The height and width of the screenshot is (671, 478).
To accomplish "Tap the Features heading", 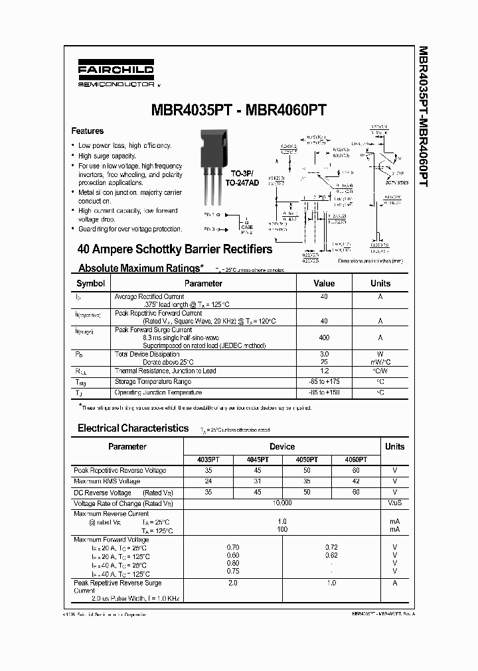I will click(x=88, y=131).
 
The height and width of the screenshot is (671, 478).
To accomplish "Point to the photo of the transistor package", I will click(x=215, y=165).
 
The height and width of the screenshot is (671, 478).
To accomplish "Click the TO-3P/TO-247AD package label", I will click(x=240, y=178).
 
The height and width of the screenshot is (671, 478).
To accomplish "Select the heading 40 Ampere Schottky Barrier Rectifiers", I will click(x=175, y=250).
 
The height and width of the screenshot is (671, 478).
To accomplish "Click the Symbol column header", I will click(x=91, y=283).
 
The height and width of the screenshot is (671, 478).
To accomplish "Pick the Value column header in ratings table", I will click(x=323, y=283).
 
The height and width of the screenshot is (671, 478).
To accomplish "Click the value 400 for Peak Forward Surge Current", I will click(x=323, y=337).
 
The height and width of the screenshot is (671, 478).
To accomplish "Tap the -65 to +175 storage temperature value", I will click(x=323, y=382).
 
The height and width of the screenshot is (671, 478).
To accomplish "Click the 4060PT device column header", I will click(x=356, y=459).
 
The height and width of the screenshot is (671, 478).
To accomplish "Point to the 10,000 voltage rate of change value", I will click(x=282, y=503).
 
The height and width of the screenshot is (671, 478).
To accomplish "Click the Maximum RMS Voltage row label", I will click(x=107, y=481).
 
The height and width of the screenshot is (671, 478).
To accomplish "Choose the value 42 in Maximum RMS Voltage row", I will click(x=356, y=481).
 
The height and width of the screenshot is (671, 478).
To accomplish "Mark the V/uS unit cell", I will click(x=394, y=503).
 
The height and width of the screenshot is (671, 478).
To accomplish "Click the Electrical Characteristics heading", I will click(x=133, y=428).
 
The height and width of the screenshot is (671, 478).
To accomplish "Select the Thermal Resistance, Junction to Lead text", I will click(x=165, y=371).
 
